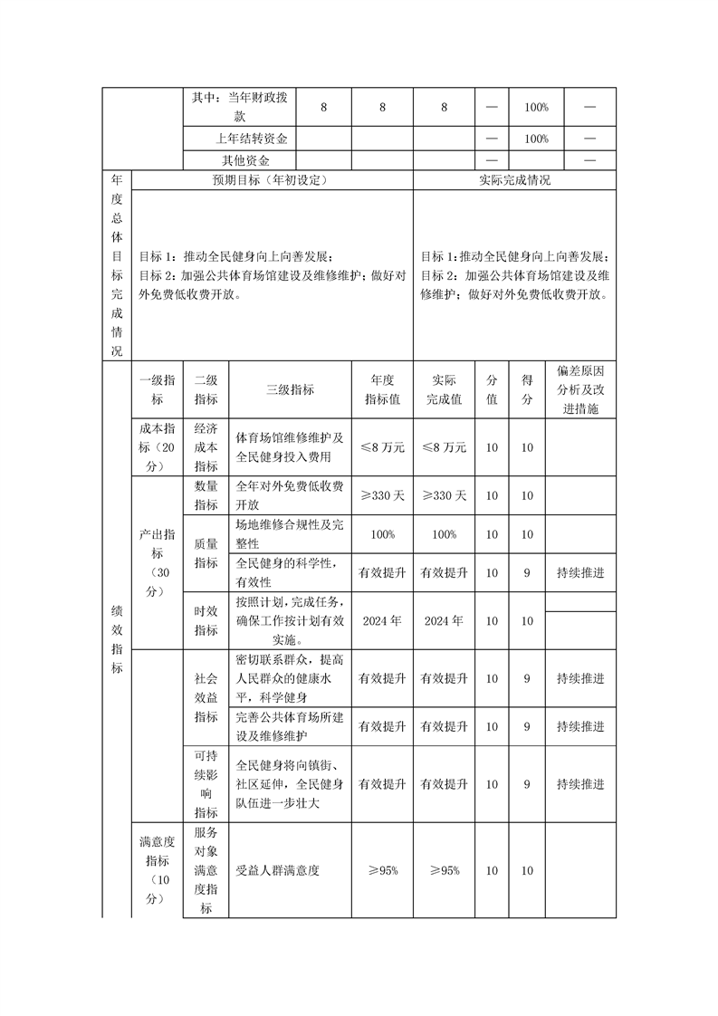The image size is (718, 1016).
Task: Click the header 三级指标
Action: [290, 389]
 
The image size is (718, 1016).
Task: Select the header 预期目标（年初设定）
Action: [270, 180]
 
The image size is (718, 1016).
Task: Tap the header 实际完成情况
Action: [514, 180]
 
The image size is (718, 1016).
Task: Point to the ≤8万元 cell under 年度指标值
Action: [382, 447]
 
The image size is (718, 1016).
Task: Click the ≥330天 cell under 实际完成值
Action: [445, 496]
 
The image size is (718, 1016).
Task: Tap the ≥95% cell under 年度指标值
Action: [382, 870]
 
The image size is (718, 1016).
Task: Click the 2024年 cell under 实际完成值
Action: [445, 621]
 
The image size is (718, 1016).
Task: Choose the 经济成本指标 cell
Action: [206, 447]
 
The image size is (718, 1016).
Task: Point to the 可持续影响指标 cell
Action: [206, 784]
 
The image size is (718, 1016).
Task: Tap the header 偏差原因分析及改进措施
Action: [580, 390]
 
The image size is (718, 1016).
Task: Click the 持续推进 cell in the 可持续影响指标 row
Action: [580, 784]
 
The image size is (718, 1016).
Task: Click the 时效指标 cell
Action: [206, 621]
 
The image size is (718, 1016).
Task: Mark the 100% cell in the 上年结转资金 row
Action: [536, 139]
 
